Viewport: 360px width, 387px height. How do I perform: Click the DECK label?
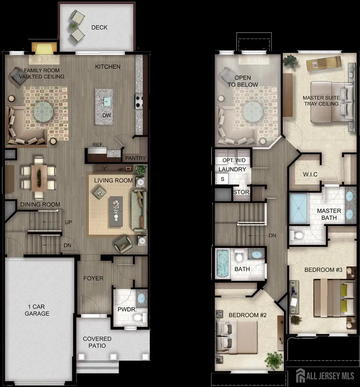[99, 28]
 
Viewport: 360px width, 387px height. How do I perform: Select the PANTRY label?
[136, 158]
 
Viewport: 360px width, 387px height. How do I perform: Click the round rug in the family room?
[44, 111]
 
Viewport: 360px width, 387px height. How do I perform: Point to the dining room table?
[39, 177]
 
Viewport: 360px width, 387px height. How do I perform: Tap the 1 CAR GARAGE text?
[36, 310]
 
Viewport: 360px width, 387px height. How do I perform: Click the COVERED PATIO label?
[97, 342]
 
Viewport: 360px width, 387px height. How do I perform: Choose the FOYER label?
[93, 278]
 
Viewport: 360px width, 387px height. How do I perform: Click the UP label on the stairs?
[68, 222]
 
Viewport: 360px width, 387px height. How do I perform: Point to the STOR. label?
[241, 192]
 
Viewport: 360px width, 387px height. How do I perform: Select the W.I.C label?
[310, 174]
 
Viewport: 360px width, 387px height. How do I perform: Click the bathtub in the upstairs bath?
[222, 264]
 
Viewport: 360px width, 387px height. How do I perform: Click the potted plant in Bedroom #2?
[273, 359]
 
